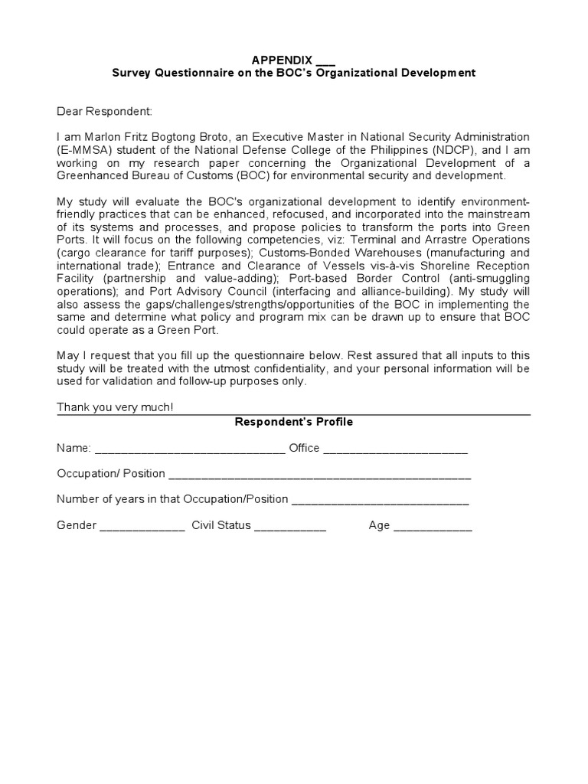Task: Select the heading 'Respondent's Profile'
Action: (x=293, y=422)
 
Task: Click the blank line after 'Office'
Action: (x=395, y=449)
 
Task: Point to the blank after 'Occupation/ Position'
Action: (x=319, y=475)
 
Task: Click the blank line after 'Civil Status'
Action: (x=290, y=526)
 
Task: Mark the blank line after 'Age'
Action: (x=433, y=526)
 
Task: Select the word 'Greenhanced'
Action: (x=90, y=176)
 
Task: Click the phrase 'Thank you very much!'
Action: (x=115, y=407)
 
